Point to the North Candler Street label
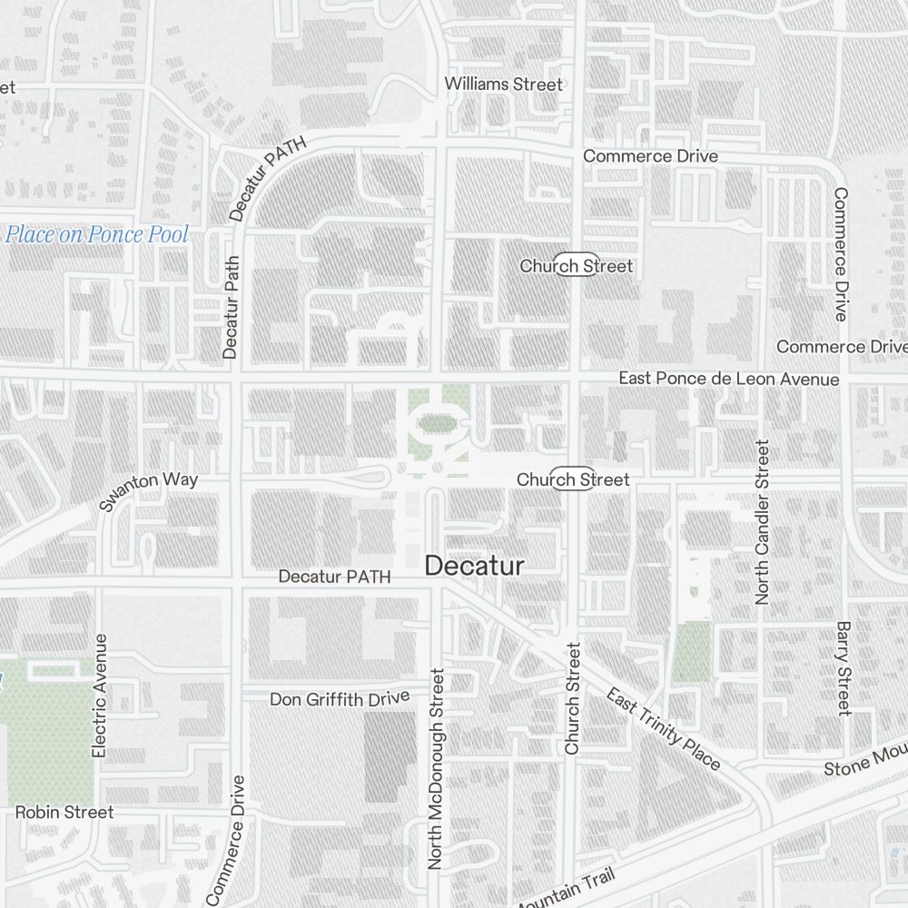[x=762, y=522]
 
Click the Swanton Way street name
[x=148, y=491]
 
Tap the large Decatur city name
[x=474, y=567]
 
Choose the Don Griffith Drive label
[x=340, y=698]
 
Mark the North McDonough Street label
[x=437, y=769]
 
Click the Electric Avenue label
[x=100, y=696]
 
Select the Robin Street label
[x=64, y=812]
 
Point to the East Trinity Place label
[x=664, y=730]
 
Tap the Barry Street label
[x=843, y=668]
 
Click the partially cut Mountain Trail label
[x=565, y=891]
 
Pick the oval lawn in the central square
[x=437, y=422]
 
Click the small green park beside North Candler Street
[x=692, y=651]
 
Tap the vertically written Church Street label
[x=572, y=698]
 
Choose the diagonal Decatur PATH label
[x=270, y=177]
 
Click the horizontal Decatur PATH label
[x=334, y=577]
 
